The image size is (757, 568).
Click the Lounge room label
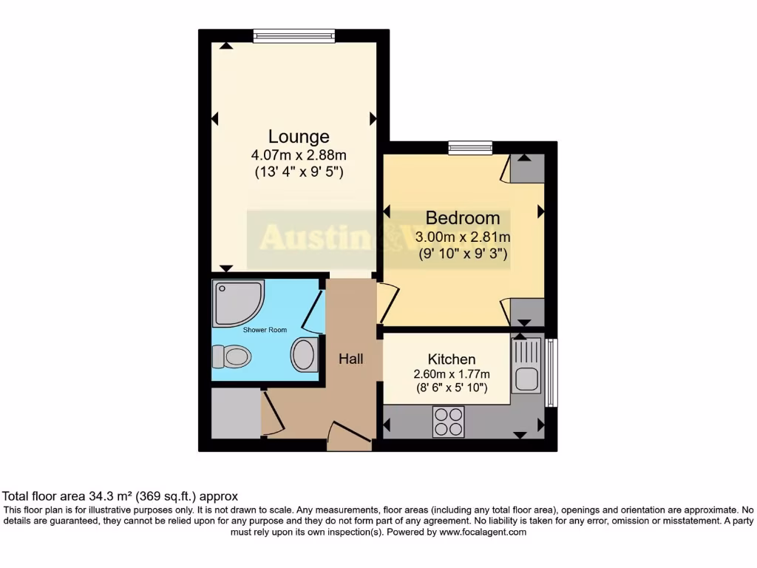coord(299,137)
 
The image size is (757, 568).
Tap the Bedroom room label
coord(463,218)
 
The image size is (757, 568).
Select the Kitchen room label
coord(451,359)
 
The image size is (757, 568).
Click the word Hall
coord(351,359)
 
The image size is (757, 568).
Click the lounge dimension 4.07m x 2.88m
coord(299,155)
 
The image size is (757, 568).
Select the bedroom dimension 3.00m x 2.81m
coord(463,237)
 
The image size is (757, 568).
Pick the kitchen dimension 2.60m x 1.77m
coord(451,373)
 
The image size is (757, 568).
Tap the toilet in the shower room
coord(231,357)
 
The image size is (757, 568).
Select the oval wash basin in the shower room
coord(304,354)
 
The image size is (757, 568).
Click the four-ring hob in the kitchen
coord(449,422)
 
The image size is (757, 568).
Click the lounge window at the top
coord(293,35)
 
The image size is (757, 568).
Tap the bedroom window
coord(470,148)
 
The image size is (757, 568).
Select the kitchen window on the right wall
coord(551,373)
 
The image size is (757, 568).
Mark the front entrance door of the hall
coord(350,436)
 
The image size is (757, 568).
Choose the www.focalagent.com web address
coord(482,532)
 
